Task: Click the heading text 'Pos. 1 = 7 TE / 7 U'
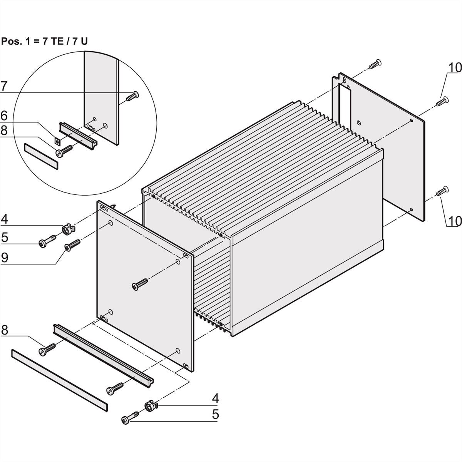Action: point(45,41)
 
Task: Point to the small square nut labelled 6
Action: point(57,141)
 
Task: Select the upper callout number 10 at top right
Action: point(455,67)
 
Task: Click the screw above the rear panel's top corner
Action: point(375,64)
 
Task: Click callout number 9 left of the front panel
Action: point(4,258)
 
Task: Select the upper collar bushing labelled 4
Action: point(67,230)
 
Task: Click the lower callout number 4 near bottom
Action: point(215,398)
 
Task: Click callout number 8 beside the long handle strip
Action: point(4,330)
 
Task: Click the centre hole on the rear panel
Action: point(359,123)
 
